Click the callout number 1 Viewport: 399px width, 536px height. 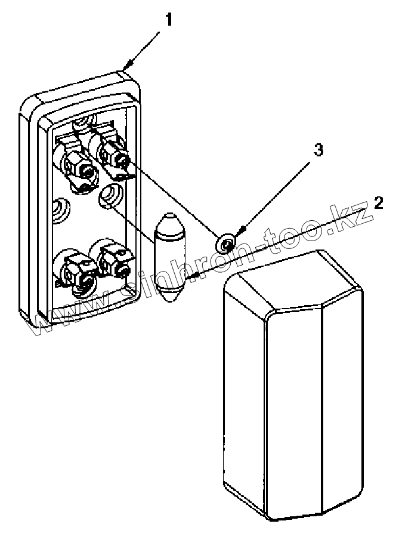[169, 20]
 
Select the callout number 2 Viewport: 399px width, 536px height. [378, 202]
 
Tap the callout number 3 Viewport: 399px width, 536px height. [319, 150]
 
